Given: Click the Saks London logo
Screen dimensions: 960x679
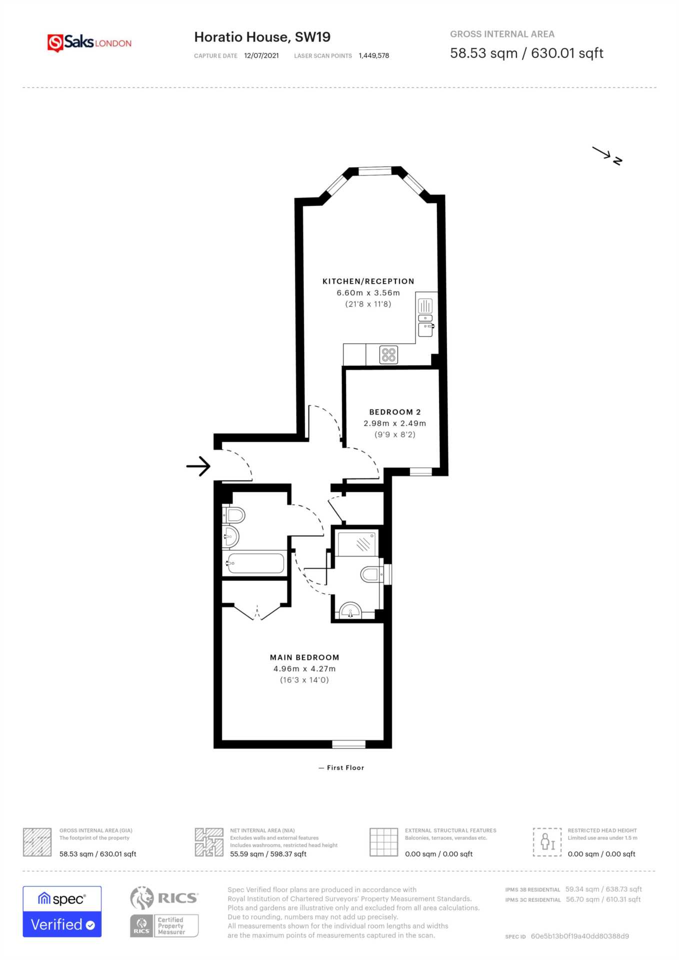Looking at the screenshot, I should [89, 42].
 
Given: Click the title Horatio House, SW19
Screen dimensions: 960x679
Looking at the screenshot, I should [262, 37].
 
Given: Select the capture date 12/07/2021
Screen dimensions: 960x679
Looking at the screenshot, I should [261, 55].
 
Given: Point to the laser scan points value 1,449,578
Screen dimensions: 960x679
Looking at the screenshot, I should [373, 55].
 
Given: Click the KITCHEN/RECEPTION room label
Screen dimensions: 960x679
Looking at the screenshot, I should [368, 281].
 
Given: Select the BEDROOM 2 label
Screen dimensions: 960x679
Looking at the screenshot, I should [394, 412].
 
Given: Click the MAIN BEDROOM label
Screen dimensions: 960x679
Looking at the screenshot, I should [304, 657].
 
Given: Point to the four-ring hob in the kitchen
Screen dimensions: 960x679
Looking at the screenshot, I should [388, 354].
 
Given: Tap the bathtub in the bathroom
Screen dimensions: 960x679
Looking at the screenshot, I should [256, 563].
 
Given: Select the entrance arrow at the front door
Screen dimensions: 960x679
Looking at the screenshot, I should [198, 466].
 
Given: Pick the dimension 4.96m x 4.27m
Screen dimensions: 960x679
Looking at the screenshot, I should [304, 669].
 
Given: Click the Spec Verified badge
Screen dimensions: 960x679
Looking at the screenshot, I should [62, 911].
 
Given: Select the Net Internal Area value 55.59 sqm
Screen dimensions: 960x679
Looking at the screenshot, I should [268, 854].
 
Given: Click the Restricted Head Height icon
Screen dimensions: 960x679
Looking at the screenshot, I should [547, 841].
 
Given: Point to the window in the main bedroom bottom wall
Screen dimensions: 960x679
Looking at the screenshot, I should [348, 744].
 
